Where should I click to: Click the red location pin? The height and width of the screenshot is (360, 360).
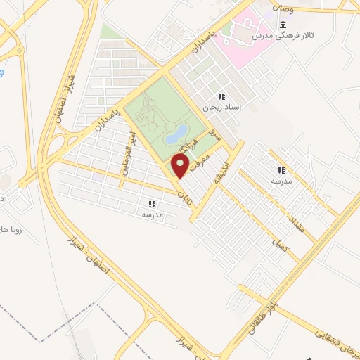point(181,166)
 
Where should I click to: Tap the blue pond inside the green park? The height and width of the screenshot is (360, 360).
point(179,131)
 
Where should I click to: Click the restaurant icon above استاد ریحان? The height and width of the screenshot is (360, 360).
point(221,96)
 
